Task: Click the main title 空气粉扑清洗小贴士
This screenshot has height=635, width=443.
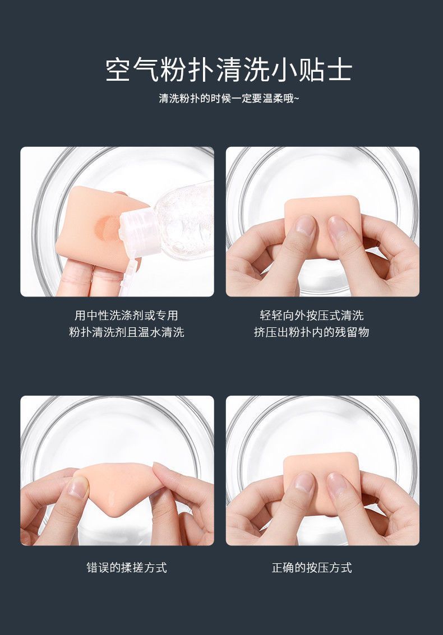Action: [x=229, y=69]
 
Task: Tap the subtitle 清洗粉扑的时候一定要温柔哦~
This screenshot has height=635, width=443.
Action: [x=229, y=99]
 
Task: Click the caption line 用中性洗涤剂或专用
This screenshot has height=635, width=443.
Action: [x=127, y=315]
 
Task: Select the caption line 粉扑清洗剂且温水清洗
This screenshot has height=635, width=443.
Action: [x=127, y=332]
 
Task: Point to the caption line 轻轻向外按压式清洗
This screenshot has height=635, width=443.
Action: [x=312, y=315]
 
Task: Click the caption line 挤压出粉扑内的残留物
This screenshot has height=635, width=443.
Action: [x=312, y=332]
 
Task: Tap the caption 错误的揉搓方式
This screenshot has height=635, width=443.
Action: [x=127, y=567]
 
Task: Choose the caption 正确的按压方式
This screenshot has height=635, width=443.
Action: [x=312, y=567]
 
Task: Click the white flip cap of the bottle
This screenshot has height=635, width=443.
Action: [x=138, y=233]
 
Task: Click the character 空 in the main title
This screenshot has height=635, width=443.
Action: [x=119, y=70]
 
